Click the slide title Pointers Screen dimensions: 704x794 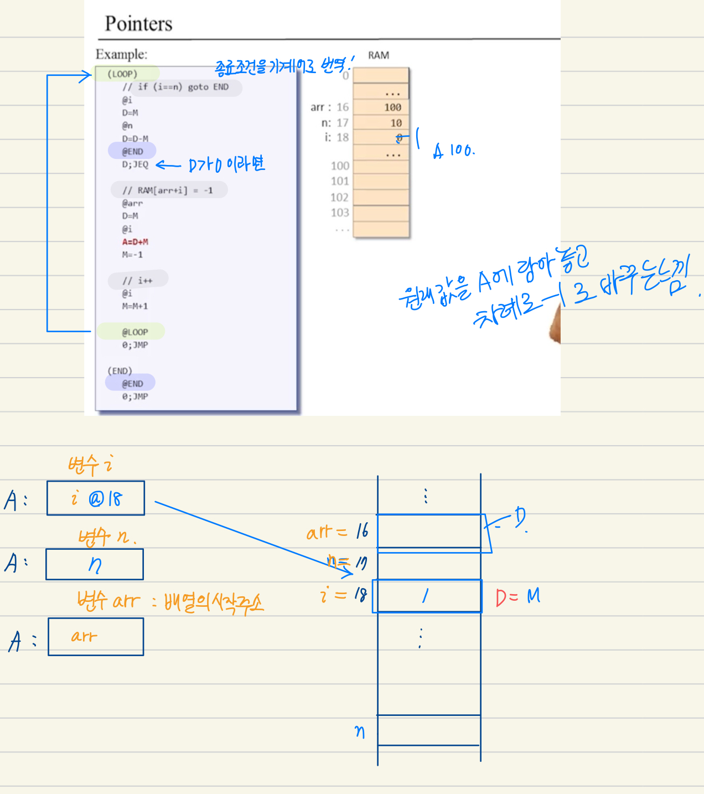pyautogui.click(x=138, y=24)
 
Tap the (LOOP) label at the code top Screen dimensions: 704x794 pyautogui.click(x=122, y=74)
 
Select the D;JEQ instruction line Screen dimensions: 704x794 pyautogui.click(x=135, y=164)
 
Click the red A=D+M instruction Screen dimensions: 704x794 pyautogui.click(x=135, y=242)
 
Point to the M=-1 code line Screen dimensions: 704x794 pyautogui.click(x=132, y=255)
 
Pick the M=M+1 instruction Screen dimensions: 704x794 pyautogui.click(x=135, y=306)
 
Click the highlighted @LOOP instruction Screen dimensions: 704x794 pyautogui.click(x=134, y=332)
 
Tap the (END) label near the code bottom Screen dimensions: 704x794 pyautogui.click(x=120, y=371)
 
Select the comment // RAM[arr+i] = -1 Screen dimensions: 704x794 pyautogui.click(x=167, y=190)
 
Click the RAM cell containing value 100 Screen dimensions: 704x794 pyautogui.click(x=381, y=107)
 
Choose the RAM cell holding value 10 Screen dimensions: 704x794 pyautogui.click(x=381, y=123)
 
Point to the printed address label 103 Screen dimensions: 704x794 pyautogui.click(x=340, y=213)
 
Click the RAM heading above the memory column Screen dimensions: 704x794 pyautogui.click(x=379, y=55)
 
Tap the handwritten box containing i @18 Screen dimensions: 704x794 pyautogui.click(x=96, y=498)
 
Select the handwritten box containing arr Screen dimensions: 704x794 pyautogui.click(x=96, y=637)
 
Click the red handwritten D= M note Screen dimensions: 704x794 pyautogui.click(x=517, y=597)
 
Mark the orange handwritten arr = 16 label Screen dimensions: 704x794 pyautogui.click(x=337, y=532)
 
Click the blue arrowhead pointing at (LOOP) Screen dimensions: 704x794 pyautogui.click(x=86, y=75)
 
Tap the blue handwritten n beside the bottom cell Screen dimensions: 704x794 pyautogui.click(x=360, y=732)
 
